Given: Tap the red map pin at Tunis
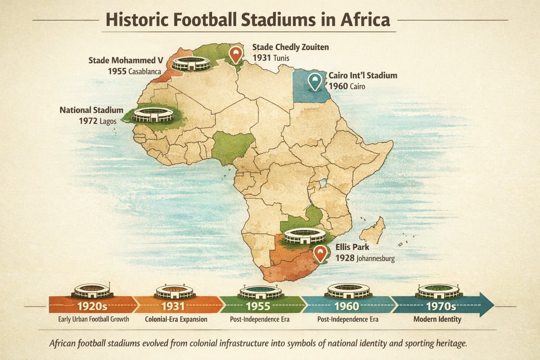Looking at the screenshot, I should pyautogui.click(x=236, y=54).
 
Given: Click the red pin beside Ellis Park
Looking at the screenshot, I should pyautogui.click(x=320, y=253).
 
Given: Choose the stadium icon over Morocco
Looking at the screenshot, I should pyautogui.click(x=191, y=64).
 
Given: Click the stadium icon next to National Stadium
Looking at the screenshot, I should pyautogui.click(x=153, y=115).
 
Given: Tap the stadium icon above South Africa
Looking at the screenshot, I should pyautogui.click(x=304, y=236).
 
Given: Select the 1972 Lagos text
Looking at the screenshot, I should pyautogui.click(x=101, y=122).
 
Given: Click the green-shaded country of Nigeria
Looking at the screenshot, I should pyautogui.click(x=232, y=146).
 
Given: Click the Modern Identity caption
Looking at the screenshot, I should pyautogui.click(x=438, y=319).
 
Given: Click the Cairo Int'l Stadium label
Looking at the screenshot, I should pyautogui.click(x=363, y=76).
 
